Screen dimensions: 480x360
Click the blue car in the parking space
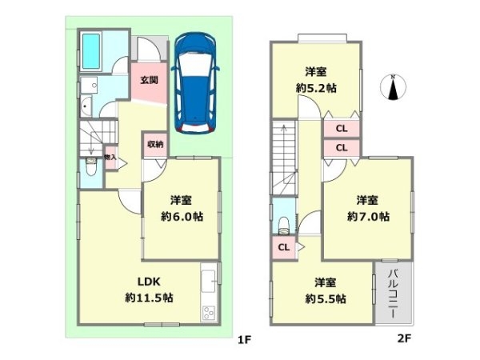[x=195, y=83]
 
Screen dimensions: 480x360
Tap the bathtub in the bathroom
[x=91, y=51]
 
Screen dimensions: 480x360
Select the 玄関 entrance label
[x=149, y=80]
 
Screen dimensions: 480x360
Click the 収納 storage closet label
[x=155, y=144]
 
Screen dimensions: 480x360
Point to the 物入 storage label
[x=110, y=158]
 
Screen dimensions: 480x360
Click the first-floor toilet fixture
[x=91, y=166]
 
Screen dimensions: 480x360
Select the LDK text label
[x=149, y=282]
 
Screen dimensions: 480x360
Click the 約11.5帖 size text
[x=149, y=298]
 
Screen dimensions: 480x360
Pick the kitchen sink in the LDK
[x=209, y=281]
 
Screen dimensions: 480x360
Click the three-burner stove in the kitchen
[x=209, y=313]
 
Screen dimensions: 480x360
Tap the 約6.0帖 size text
[x=182, y=217]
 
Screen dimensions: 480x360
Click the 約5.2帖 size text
[x=316, y=88]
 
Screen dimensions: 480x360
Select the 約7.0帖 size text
[x=368, y=217]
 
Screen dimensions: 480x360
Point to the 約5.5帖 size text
[x=326, y=298]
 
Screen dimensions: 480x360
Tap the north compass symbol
[x=393, y=87]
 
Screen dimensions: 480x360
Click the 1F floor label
[x=244, y=339]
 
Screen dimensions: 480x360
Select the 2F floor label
[x=404, y=338]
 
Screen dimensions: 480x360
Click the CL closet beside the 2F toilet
[x=284, y=247]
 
